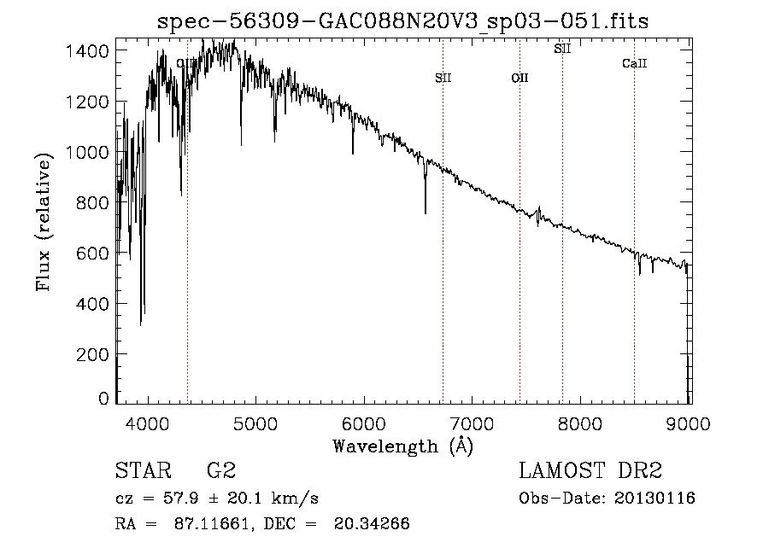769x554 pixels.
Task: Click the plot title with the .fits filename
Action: (403, 22)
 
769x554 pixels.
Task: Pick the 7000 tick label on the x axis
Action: (473, 423)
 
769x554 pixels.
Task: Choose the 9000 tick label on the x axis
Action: (689, 423)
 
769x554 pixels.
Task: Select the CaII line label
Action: (634, 63)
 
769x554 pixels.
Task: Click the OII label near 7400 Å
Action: (520, 78)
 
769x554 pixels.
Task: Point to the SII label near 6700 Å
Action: (443, 78)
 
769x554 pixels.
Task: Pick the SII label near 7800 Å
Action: (562, 49)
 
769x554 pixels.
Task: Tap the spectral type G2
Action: (220, 472)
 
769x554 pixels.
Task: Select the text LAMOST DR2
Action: (590, 472)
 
